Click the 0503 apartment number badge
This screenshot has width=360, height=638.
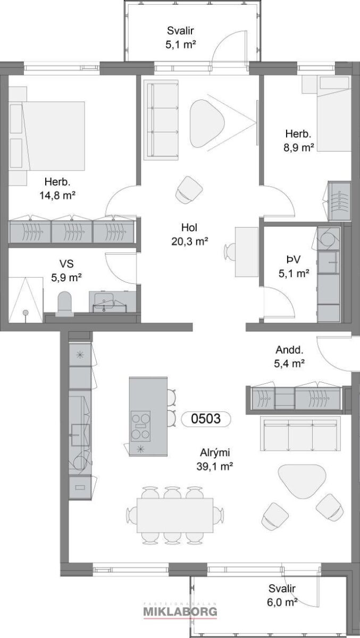(x=206, y=419)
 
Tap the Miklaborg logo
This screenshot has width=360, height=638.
(x=180, y=611)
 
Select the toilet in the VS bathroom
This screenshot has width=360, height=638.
(x=65, y=304)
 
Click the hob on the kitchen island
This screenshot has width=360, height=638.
(x=140, y=426)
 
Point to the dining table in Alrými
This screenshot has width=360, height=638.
(x=175, y=515)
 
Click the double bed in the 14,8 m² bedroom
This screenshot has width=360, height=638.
(x=47, y=136)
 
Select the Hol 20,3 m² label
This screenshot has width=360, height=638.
(x=189, y=234)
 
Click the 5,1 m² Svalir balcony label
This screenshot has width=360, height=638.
(x=181, y=37)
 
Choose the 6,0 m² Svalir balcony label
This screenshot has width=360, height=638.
(x=282, y=595)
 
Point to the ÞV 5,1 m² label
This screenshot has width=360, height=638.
(x=294, y=266)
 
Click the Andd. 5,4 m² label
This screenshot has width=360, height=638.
(x=289, y=356)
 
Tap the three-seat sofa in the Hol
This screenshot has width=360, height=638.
(x=161, y=120)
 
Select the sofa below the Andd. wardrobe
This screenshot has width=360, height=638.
(x=300, y=433)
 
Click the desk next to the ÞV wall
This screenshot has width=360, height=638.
(x=246, y=252)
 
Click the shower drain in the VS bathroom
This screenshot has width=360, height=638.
(x=26, y=313)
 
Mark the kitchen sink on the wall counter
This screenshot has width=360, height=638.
(x=80, y=435)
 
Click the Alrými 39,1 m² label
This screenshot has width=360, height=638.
(x=215, y=459)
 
